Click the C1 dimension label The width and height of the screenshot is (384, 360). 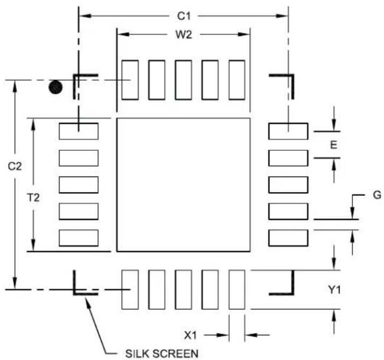pyautogui.click(x=184, y=16)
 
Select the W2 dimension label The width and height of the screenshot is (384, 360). pyautogui.click(x=184, y=35)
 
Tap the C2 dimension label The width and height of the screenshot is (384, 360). pyautogui.click(x=15, y=166)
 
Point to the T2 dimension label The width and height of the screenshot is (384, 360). pyautogui.click(x=33, y=197)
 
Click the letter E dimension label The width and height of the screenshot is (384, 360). pyautogui.click(x=334, y=145)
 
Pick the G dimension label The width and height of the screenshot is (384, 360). pyautogui.click(x=377, y=195)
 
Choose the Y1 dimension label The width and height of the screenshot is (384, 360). pyautogui.click(x=334, y=290)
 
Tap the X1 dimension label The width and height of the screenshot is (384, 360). pyautogui.click(x=190, y=335)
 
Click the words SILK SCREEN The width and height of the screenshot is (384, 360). pyautogui.click(x=162, y=354)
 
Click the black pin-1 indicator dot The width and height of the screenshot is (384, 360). pyautogui.click(x=56, y=87)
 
